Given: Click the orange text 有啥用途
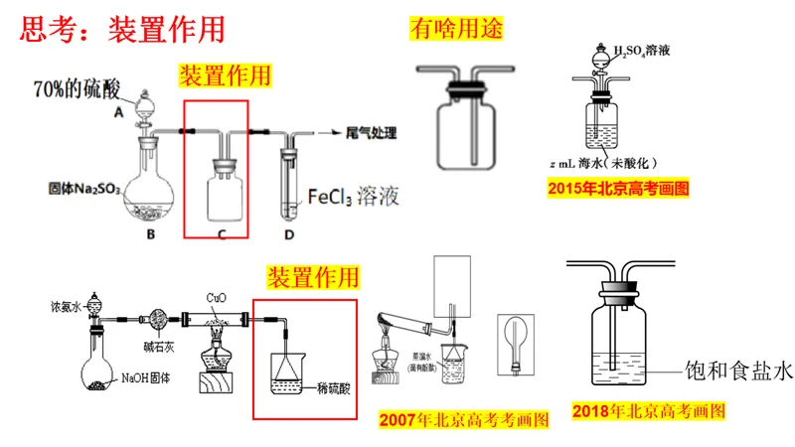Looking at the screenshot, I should [x=457, y=29].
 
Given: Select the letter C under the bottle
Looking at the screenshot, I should [x=223, y=234].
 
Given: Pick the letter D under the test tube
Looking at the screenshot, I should [x=289, y=234].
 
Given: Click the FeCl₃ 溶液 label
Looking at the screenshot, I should [x=353, y=195].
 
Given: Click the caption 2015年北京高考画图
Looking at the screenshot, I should [x=618, y=187].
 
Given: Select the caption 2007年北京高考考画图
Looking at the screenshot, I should [x=464, y=420].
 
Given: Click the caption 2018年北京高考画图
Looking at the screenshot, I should [x=649, y=409].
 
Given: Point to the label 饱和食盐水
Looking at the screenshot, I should [x=739, y=371].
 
